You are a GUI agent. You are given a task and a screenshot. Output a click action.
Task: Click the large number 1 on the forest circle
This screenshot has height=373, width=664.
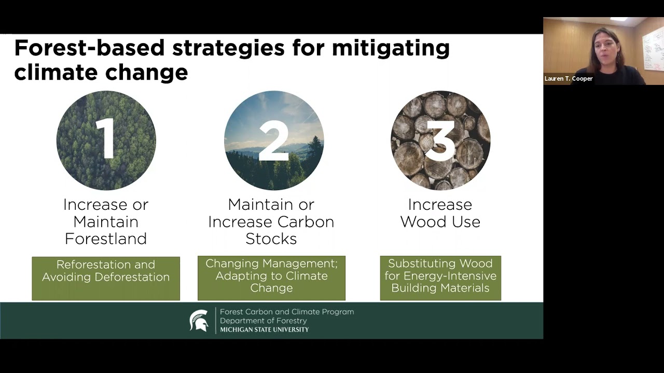[x=106, y=139]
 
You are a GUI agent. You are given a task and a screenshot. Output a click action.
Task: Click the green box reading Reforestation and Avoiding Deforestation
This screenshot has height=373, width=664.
[x=106, y=278]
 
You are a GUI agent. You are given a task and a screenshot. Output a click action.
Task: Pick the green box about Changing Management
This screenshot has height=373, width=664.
[x=271, y=278]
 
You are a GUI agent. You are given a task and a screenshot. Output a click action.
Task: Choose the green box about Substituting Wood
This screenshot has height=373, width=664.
[x=440, y=278]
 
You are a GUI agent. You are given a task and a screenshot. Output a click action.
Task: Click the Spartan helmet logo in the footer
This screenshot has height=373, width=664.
[x=199, y=321]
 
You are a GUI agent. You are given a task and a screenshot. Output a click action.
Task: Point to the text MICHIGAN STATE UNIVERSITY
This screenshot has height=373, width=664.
[x=264, y=330]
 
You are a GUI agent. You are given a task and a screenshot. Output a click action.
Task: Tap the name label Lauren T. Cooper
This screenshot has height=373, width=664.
[x=569, y=79]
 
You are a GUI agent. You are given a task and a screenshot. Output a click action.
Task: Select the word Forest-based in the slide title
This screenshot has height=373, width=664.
[x=89, y=48]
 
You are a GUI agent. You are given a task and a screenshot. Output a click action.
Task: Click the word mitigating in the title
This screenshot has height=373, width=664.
[x=391, y=48]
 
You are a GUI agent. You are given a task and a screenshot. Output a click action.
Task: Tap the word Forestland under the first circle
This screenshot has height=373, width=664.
[x=106, y=239]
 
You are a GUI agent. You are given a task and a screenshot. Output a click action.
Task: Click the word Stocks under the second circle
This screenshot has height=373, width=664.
[x=271, y=239]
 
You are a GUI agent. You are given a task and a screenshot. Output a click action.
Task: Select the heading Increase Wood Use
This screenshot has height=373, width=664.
[x=440, y=213]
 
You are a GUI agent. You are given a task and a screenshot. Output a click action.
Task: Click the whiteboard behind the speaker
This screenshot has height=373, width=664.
[x=652, y=49]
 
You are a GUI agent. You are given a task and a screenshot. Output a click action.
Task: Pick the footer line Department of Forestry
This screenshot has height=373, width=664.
[x=263, y=321]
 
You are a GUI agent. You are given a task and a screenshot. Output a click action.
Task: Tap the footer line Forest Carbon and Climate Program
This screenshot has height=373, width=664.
[x=287, y=312]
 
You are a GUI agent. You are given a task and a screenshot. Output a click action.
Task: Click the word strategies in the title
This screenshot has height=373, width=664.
[x=228, y=48]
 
